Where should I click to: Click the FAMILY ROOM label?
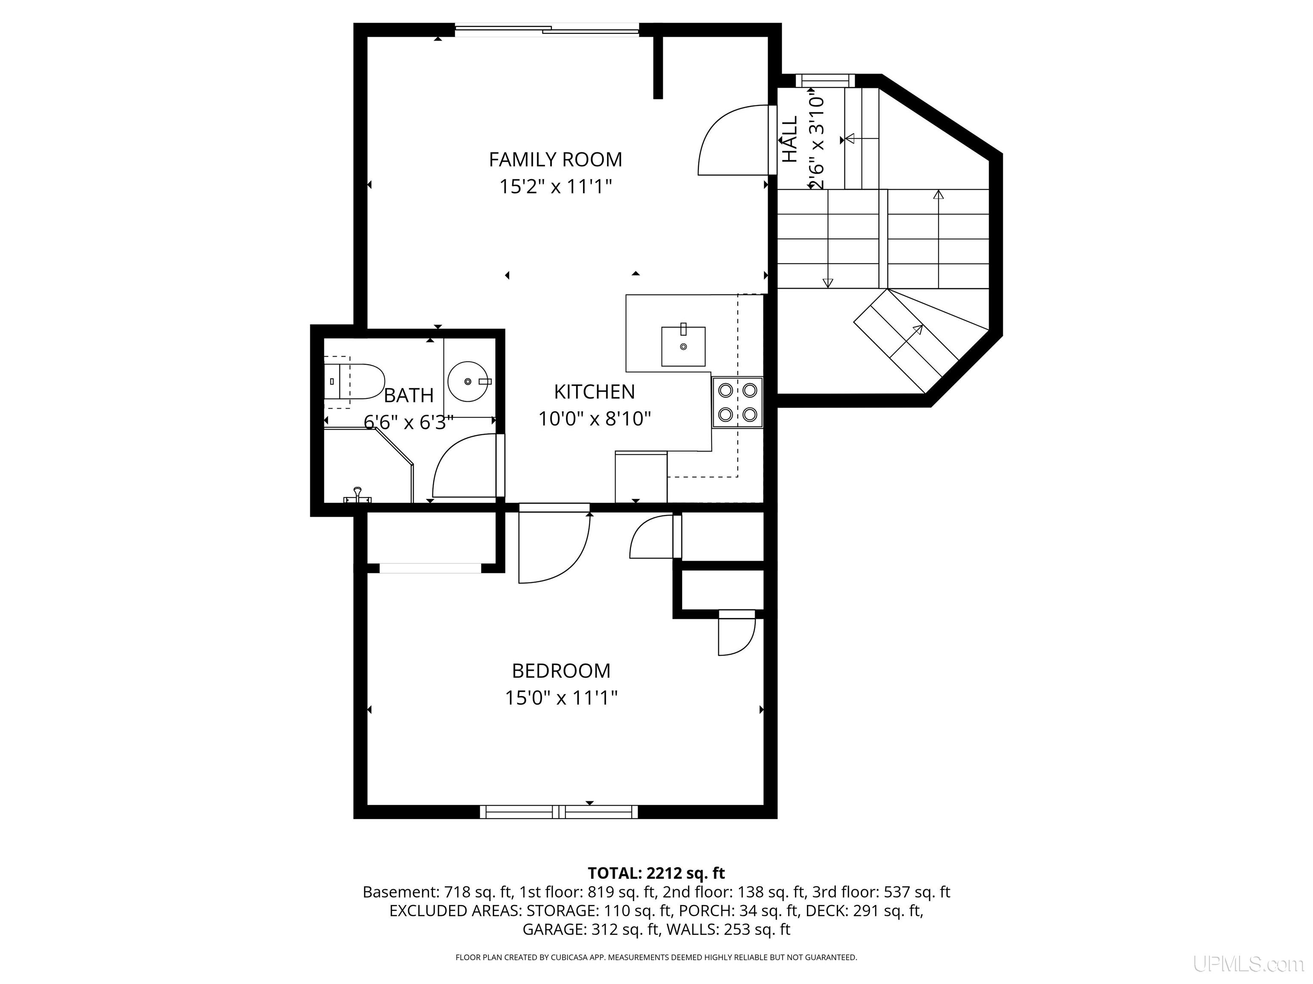(x=556, y=160)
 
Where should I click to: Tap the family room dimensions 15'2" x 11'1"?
(x=556, y=187)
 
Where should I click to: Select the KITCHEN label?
(x=594, y=392)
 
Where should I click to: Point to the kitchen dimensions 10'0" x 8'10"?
(x=594, y=419)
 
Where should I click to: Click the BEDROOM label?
(x=561, y=671)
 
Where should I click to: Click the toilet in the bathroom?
(x=354, y=381)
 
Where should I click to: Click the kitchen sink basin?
(x=683, y=346)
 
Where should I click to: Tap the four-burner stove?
(x=737, y=403)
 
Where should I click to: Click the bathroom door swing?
(x=465, y=466)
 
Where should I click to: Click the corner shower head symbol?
(x=357, y=495)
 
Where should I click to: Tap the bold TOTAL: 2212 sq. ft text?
(x=656, y=873)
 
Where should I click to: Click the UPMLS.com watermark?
(x=1248, y=964)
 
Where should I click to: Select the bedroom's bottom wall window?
(x=559, y=812)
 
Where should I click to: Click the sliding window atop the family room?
(x=547, y=29)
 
